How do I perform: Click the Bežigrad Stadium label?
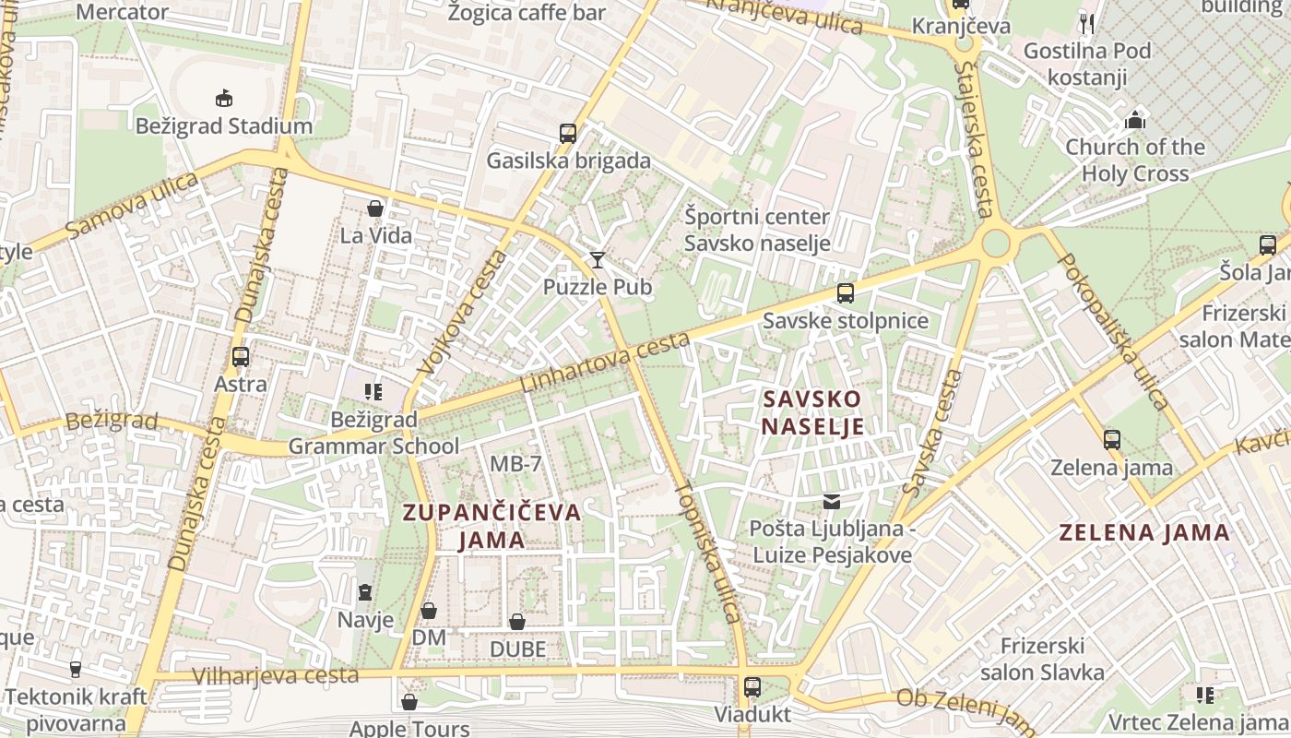(224, 125)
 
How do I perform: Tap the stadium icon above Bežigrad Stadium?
(223, 98)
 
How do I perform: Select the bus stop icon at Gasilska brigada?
(568, 133)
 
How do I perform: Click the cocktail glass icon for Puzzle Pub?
(598, 259)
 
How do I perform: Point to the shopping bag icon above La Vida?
(375, 208)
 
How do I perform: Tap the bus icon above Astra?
(241, 356)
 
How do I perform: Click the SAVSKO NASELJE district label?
(812, 412)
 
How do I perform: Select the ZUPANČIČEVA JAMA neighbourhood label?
(492, 526)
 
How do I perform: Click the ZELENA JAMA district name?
(1143, 532)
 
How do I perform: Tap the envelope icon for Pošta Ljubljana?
(832, 502)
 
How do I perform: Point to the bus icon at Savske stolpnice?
(845, 293)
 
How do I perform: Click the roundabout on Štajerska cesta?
(996, 244)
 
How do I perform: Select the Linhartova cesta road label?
(605, 362)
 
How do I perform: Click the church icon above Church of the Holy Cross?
(1135, 120)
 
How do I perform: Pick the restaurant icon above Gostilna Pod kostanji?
(1087, 23)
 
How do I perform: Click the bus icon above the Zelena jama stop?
(1112, 439)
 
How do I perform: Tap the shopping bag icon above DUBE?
(517, 622)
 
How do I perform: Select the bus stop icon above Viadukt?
(752, 687)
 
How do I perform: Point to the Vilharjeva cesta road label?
(275, 675)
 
